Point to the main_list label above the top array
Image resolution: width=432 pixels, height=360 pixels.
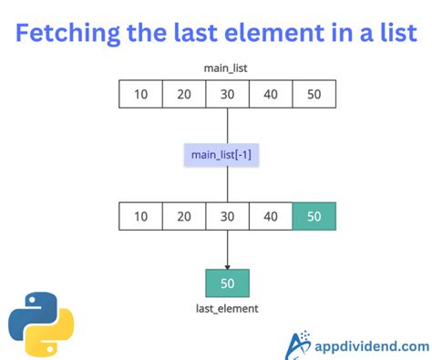point(227,67)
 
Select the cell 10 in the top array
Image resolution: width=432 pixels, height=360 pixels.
point(140,94)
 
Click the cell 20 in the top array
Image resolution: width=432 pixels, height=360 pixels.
point(184,94)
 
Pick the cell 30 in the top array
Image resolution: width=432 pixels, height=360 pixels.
point(227,94)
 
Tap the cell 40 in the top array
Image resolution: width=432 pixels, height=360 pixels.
point(271,94)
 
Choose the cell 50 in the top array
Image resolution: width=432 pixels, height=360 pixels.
point(314,94)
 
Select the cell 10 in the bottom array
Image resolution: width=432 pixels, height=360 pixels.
point(140,216)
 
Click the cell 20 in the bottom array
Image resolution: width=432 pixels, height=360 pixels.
point(184,216)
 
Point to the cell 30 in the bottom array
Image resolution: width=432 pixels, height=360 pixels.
point(227,216)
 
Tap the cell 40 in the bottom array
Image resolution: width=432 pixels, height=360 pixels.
point(271,216)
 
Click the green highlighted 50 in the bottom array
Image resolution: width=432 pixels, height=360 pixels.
point(314,216)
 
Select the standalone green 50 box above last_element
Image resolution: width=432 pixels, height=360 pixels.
point(227,283)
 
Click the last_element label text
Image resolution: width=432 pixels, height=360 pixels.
point(227,309)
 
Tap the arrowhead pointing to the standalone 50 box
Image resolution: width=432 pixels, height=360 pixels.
point(227,263)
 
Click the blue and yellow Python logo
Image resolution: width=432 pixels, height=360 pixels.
point(41,322)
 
